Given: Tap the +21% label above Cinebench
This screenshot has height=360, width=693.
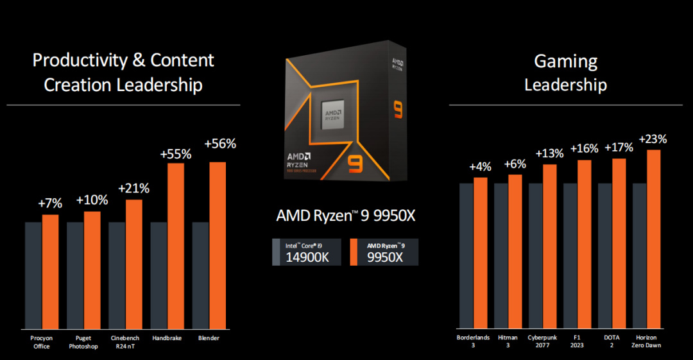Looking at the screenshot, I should pos(133,189).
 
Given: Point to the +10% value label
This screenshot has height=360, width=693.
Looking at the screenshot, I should pos(92,200).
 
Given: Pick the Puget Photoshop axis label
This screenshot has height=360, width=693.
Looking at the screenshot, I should pos(83,341).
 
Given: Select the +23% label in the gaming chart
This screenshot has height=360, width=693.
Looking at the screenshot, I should pos(653,139).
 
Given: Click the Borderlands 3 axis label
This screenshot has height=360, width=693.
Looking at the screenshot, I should pos(472,341).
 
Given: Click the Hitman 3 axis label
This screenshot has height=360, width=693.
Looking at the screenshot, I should pos(507,341).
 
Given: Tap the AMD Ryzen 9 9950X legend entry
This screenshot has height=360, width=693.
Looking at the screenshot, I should pos(384,252).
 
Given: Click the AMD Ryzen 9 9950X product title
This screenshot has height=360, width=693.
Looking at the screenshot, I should pos(346,216).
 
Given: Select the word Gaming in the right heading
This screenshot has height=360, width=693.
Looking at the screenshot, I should pos(565,62).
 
